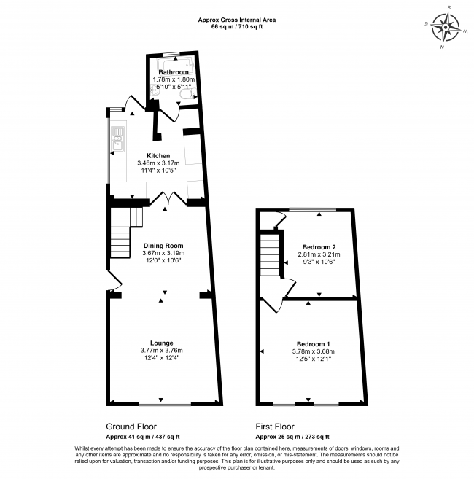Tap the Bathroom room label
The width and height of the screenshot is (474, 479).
(x=174, y=72)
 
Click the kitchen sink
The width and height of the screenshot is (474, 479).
(x=117, y=138)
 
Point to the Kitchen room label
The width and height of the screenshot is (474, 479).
(x=158, y=155)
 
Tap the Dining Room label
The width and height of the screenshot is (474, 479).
(x=163, y=246)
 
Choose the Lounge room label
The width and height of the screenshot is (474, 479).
(x=161, y=342)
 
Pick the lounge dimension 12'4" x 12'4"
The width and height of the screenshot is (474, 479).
(x=161, y=357)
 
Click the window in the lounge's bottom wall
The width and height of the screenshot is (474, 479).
(x=161, y=403)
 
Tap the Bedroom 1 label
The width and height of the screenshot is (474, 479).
(x=314, y=343)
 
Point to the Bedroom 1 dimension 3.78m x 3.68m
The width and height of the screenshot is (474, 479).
(x=314, y=351)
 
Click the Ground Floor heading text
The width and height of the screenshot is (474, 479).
(x=131, y=427)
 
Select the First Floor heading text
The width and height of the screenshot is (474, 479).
(x=275, y=427)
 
